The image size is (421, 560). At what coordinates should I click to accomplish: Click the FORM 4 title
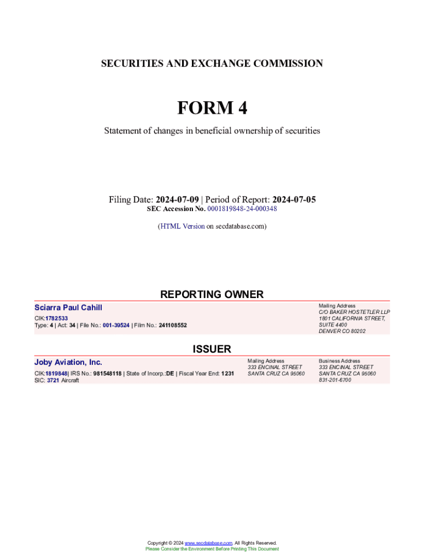[212, 108]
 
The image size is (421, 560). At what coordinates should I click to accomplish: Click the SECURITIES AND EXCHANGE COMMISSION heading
[212, 63]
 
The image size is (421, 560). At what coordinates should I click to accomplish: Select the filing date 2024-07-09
[177, 200]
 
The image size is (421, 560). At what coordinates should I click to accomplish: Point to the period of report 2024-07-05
[294, 200]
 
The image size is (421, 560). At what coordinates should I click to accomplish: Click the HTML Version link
[182, 226]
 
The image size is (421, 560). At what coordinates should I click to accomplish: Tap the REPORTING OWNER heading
[212, 294]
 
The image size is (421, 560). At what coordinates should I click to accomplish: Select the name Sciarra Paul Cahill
[68, 308]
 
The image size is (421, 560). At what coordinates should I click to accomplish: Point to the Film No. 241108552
[173, 325]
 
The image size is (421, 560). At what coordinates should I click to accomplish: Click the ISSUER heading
[212, 349]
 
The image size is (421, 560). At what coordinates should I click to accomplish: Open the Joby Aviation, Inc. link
[68, 362]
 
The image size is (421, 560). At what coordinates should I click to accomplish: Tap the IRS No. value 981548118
[108, 374]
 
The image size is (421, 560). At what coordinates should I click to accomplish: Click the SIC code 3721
[52, 380]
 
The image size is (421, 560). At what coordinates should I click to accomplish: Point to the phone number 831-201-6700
[335, 380]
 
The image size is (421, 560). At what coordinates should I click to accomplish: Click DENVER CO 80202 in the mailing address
[342, 331]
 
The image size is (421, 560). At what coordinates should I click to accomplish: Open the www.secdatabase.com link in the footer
[209, 542]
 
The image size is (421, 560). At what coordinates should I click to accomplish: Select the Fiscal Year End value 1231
[227, 374]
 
